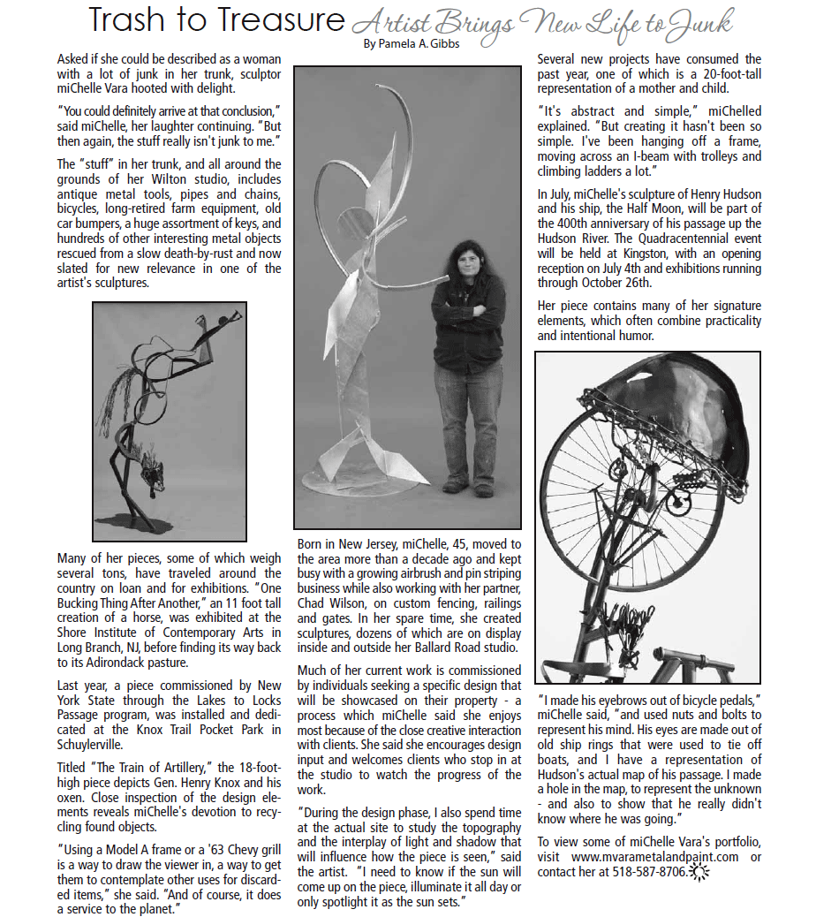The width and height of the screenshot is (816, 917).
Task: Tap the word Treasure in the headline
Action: pyautogui.click(x=282, y=19)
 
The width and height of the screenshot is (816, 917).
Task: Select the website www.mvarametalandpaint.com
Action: pyautogui.click(x=654, y=857)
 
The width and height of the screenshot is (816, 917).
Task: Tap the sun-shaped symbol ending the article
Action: pyautogui.click(x=699, y=873)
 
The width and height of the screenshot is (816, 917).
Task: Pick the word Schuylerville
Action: pyautogui.click(x=97, y=745)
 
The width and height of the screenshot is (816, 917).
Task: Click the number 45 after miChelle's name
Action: pyautogui.click(x=426, y=543)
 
